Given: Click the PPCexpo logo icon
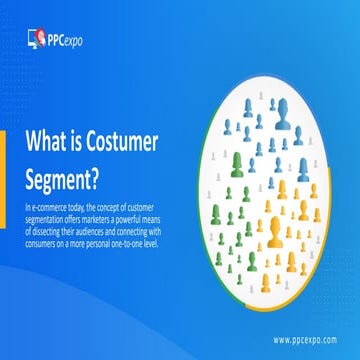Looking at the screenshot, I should click(36, 41).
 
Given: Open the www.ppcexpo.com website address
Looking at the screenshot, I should click(305, 338).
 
